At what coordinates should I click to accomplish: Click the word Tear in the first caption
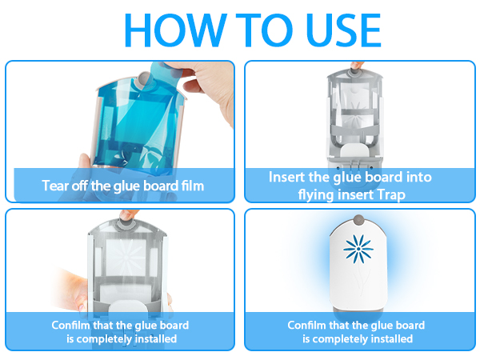pos(54,186)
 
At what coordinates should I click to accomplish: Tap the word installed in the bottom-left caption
pos(154,339)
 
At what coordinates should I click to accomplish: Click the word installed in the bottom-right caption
pos(390,339)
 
